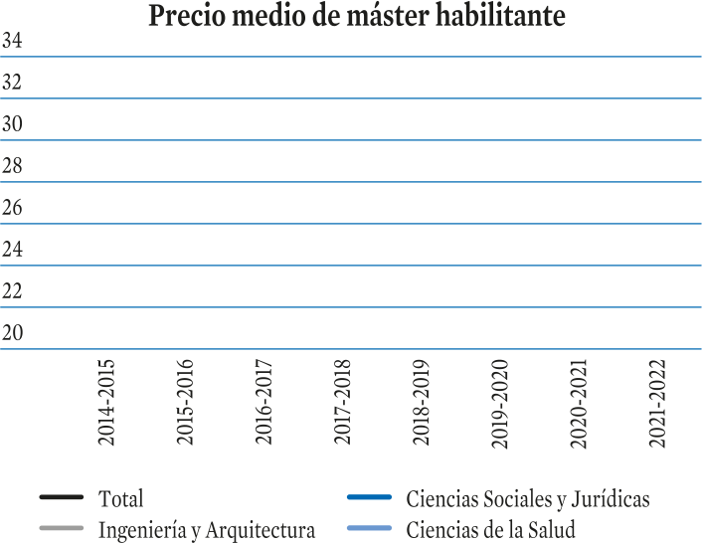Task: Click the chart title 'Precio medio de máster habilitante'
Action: coord(357,16)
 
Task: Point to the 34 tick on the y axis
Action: coord(12,41)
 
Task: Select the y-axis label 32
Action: coord(12,82)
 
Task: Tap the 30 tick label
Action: coord(12,123)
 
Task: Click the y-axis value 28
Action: coord(12,166)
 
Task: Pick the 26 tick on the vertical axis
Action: coord(12,207)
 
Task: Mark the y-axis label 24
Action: coord(12,249)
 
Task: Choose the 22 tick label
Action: coord(12,291)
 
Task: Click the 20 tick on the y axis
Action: coord(12,332)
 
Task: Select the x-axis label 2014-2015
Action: coord(106,403)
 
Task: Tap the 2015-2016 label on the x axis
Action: coord(185,403)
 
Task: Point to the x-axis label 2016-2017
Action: coord(263,403)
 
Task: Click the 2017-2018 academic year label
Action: coord(342,403)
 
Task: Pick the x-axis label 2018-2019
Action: coord(422,403)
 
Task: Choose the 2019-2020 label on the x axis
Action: coord(500,404)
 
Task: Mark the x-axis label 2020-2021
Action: coord(579,404)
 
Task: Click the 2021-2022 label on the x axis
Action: coord(657,404)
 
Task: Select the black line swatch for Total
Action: coord(62,497)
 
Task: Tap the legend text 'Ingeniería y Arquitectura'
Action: coord(207,530)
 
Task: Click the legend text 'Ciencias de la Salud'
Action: coord(490,529)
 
